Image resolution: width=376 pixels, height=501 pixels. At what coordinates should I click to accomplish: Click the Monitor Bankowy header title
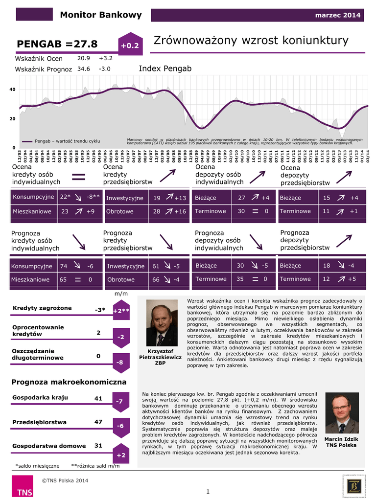click(x=100, y=15)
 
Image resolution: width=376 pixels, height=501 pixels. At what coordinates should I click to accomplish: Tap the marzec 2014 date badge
click(x=338, y=15)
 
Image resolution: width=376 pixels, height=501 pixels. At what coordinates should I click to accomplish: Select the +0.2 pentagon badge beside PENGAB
click(x=130, y=45)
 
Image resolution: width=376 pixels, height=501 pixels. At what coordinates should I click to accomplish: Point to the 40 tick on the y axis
click(x=13, y=90)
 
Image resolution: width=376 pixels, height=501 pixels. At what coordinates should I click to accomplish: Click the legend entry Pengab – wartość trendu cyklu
click(x=67, y=141)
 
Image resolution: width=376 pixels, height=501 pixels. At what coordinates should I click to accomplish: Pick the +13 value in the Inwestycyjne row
click(x=180, y=198)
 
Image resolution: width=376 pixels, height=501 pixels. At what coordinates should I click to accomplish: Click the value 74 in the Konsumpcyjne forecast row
click(x=64, y=266)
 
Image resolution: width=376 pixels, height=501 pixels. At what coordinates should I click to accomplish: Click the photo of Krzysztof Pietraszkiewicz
click(x=162, y=322)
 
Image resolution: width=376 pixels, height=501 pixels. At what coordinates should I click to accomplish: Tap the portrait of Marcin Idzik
click(x=341, y=414)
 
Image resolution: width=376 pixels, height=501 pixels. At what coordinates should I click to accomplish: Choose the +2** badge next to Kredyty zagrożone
click(x=121, y=311)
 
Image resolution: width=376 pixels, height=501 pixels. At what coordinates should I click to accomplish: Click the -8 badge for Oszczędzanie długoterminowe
click(x=120, y=363)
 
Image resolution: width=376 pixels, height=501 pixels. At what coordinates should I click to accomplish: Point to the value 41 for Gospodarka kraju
click(x=98, y=399)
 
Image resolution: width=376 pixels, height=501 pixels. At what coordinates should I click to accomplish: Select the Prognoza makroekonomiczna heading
click(x=69, y=382)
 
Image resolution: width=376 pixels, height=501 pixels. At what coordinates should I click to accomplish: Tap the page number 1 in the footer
click(x=208, y=491)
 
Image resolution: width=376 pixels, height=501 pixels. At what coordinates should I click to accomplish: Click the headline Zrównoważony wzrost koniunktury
click(x=251, y=40)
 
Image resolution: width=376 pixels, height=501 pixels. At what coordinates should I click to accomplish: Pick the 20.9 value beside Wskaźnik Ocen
click(x=84, y=58)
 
